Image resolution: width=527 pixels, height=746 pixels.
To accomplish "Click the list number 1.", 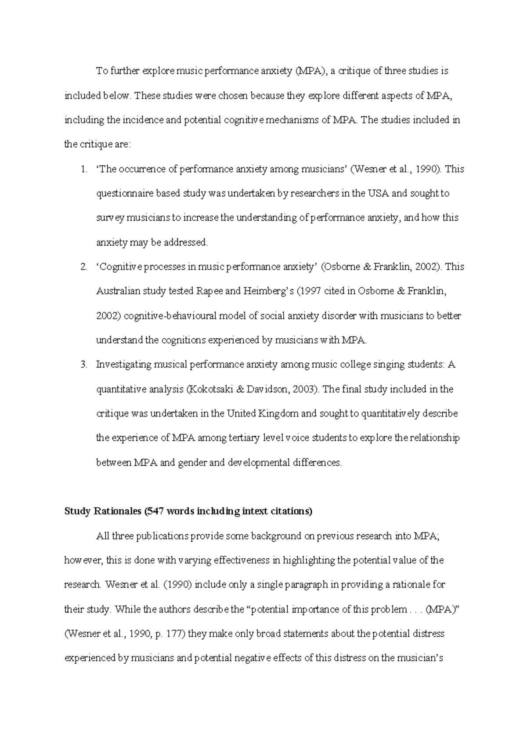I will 83,170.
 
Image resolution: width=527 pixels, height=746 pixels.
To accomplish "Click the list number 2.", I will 83,267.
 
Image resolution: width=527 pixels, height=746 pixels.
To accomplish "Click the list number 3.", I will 83,365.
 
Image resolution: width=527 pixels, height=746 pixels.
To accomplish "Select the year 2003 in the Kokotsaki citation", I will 304,389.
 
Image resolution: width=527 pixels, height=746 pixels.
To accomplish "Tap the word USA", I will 379,194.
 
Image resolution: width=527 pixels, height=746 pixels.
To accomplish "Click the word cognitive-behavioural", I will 170,316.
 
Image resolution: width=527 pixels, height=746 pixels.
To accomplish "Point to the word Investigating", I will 123,365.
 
